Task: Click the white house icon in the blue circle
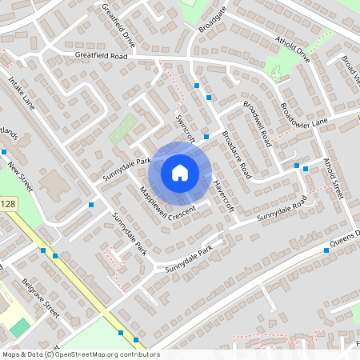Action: click(x=180, y=172)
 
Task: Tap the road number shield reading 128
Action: click(x=8, y=205)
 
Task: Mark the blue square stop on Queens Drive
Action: click(x=326, y=250)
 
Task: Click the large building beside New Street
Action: click(x=54, y=185)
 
